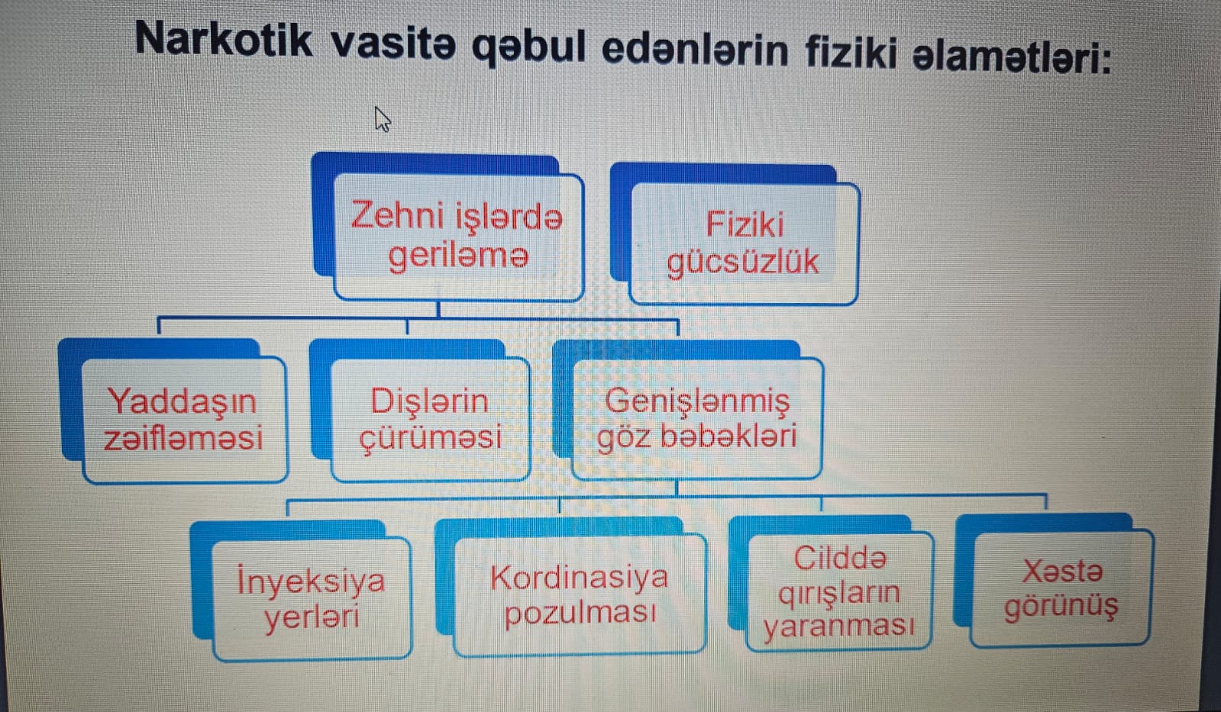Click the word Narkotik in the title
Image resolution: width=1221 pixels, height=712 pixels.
pyautogui.click(x=223, y=39)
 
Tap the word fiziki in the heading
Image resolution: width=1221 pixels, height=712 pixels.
pyautogui.click(x=851, y=53)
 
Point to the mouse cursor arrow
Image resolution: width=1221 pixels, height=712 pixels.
pyautogui.click(x=382, y=119)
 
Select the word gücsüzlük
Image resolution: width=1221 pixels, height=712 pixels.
pyautogui.click(x=743, y=263)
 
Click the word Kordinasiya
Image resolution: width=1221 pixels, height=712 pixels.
pyautogui.click(x=579, y=578)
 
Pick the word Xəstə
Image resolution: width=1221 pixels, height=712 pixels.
pyautogui.click(x=1062, y=572)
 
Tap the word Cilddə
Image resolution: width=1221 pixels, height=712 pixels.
pyautogui.click(x=841, y=559)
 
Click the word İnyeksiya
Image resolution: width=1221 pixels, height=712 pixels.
pyautogui.click(x=312, y=581)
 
